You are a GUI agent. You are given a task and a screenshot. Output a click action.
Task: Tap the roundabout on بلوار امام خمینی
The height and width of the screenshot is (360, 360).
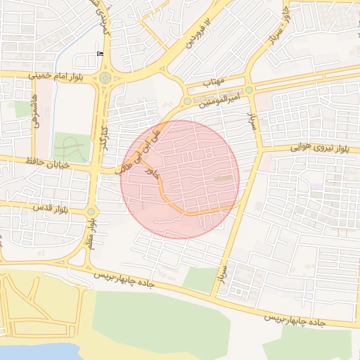point(105,78)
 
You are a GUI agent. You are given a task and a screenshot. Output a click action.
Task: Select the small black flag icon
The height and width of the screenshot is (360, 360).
point(99,53)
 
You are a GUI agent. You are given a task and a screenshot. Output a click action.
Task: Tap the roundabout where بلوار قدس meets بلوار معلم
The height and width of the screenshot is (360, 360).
point(91,211)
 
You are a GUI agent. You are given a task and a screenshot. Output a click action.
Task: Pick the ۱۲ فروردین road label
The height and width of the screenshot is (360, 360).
point(198,34)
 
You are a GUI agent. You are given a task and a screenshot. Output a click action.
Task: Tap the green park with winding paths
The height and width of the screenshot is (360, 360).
point(72,148)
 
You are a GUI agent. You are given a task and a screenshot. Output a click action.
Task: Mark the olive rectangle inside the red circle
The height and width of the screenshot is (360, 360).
point(223,179)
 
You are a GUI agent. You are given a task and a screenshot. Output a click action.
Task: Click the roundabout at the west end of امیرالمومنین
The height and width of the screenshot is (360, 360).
point(186,102)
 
